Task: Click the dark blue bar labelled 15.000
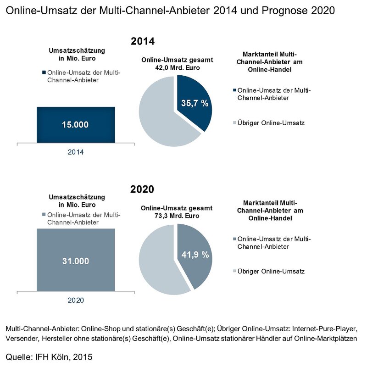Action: tap(76, 125)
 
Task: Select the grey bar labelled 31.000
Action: tap(76, 260)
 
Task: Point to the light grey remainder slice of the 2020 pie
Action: tap(158, 261)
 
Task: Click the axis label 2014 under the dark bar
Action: tap(76, 152)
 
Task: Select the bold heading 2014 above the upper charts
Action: tap(143, 41)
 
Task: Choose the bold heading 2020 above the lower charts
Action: tap(142, 189)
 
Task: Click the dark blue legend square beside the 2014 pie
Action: tap(235, 90)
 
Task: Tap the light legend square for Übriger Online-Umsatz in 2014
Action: tap(235, 123)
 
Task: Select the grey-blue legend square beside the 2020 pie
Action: tap(235, 239)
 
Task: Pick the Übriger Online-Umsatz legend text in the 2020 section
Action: tap(272, 272)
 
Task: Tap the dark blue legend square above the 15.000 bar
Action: tap(44, 72)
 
